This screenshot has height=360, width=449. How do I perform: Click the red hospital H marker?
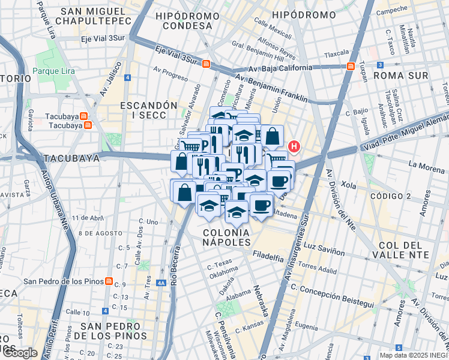coord(294,146)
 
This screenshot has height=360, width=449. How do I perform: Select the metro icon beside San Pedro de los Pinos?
coord(109,281)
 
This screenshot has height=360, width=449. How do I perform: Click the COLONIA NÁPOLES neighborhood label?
coord(226,236)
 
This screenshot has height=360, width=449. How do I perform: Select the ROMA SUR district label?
coord(400,76)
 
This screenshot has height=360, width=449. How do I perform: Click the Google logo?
coord(20,353)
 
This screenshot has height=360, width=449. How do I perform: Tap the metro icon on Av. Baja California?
coord(349,67)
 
